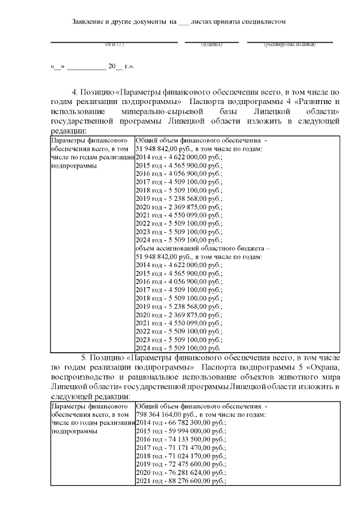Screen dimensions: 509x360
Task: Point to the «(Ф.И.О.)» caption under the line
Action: coord(114,44)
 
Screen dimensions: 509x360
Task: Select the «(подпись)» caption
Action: coord(211,44)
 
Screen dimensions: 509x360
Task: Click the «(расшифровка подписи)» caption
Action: coord(290,44)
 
